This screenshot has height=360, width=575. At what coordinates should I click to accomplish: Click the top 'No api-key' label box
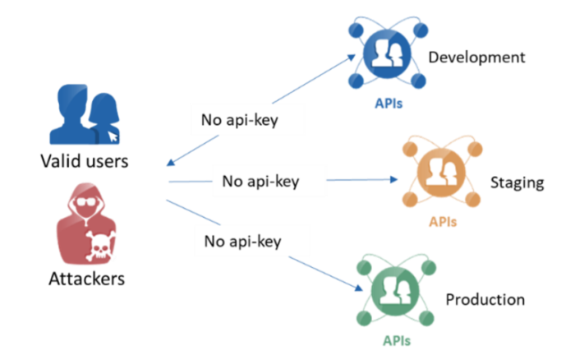[x=247, y=120]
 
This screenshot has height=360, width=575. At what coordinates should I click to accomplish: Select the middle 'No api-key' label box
[x=269, y=181]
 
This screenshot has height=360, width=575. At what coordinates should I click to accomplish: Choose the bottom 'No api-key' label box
[x=252, y=241]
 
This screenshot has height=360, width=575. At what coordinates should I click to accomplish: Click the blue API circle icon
[x=386, y=54]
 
